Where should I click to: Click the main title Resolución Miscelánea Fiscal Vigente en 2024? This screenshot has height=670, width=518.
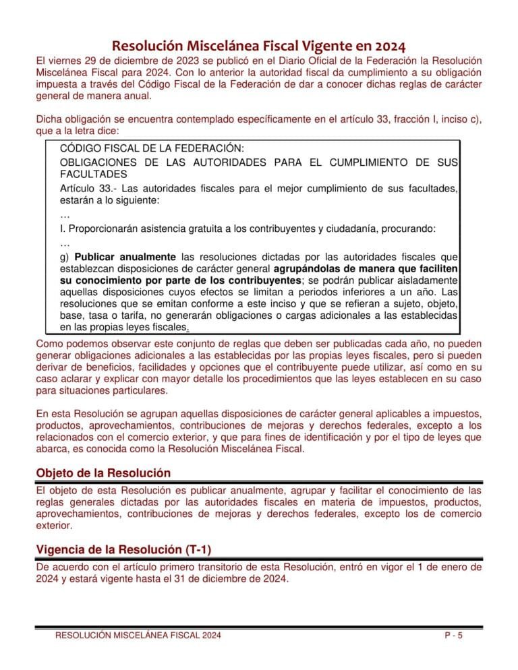pyautogui.click(x=258, y=47)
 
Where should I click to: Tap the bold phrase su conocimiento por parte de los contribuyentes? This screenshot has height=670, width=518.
pyautogui.click(x=180, y=280)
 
